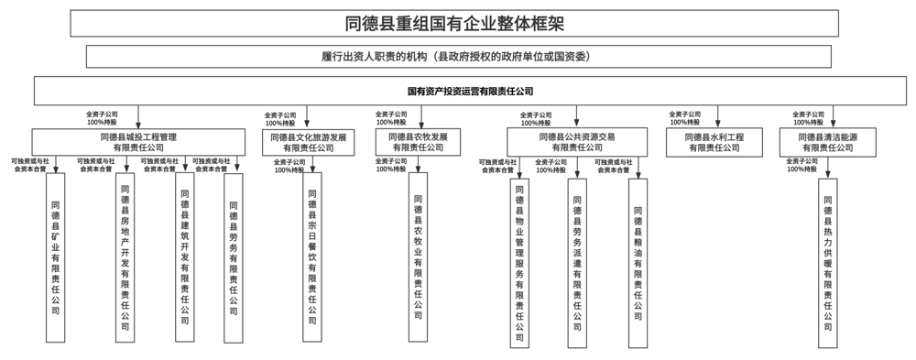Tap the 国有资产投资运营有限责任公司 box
tap(470, 91)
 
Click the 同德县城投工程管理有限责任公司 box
tap(139, 141)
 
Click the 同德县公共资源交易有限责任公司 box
tap(577, 141)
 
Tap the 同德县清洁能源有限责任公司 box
tap(827, 141)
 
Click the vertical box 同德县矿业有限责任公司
tap(56, 256)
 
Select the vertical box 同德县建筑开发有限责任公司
tap(184, 256)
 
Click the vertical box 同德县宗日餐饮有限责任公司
tap(312, 256)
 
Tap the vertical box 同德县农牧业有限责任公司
tap(419, 256)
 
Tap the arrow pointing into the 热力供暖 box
tap(828, 170)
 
